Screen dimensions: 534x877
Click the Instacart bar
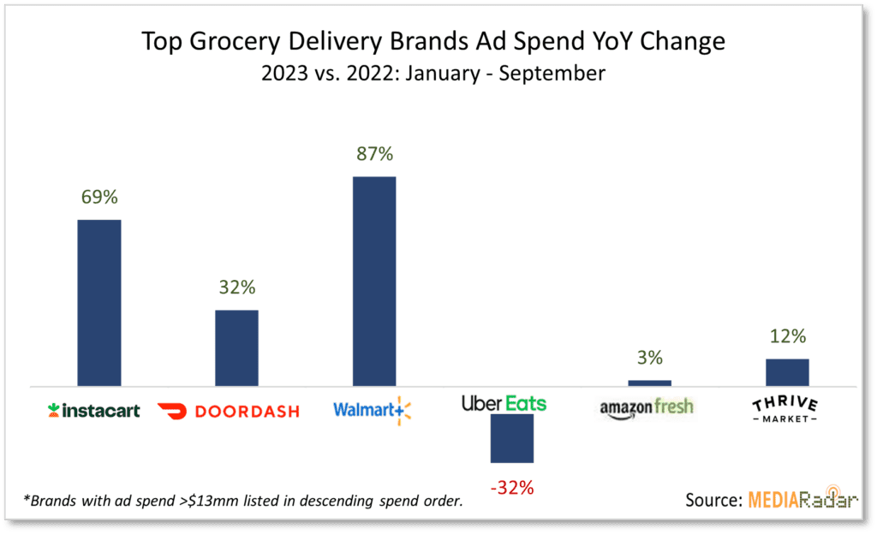click(99, 302)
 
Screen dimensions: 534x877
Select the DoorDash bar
click(236, 347)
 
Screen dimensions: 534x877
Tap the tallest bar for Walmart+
click(374, 281)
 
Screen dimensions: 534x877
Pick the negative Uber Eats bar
click(511, 438)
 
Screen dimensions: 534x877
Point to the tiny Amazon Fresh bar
click(649, 383)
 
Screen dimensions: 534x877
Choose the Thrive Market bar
click(787, 372)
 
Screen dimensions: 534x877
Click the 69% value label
click(99, 197)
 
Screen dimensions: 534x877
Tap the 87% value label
click(374, 154)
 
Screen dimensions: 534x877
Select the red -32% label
click(511, 489)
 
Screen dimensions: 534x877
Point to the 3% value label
click(649, 358)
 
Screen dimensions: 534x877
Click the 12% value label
click(787, 336)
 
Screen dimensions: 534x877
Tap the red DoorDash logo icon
click(172, 411)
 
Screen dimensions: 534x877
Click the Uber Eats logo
click(504, 403)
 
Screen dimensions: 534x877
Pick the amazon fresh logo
click(647, 408)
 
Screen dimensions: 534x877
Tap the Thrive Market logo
click(785, 410)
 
